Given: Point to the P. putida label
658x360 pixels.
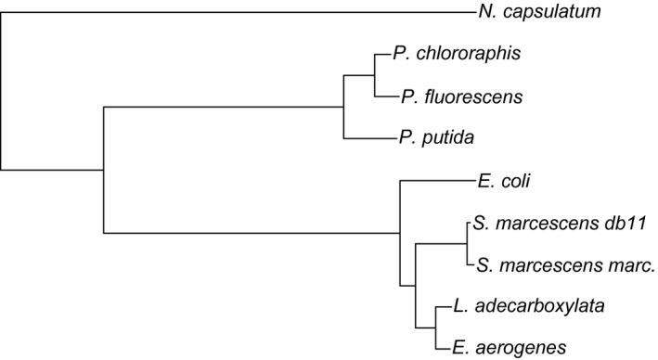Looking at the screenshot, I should pyautogui.click(x=435, y=138).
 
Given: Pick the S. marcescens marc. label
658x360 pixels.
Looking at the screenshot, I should pyautogui.click(x=566, y=265).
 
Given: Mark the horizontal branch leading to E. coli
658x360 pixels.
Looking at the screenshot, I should pyautogui.click(x=436, y=181).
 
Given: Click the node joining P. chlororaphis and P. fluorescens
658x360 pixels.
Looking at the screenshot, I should pyautogui.click(x=374, y=75).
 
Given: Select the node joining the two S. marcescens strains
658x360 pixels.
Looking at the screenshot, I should pyautogui.click(x=464, y=244).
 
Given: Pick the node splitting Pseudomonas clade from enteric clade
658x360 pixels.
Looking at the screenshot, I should pyautogui.click(x=102, y=170).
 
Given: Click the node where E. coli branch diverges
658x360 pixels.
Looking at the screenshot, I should pyautogui.click(x=399, y=233).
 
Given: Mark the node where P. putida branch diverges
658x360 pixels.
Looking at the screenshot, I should pyautogui.click(x=344, y=107).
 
